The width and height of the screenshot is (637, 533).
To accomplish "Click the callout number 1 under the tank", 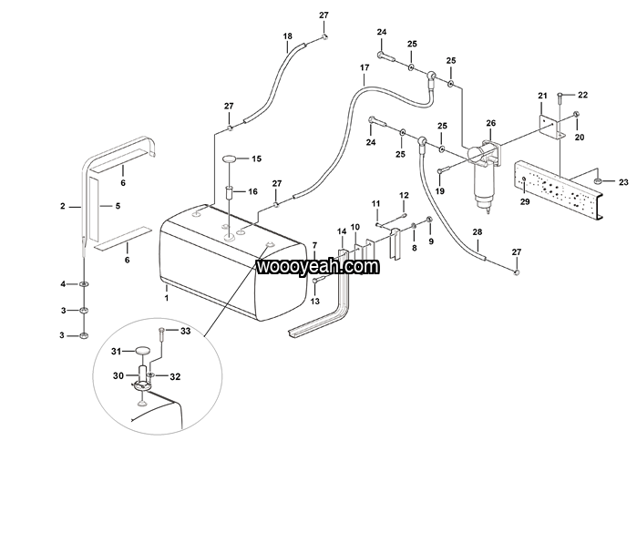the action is point(166,298).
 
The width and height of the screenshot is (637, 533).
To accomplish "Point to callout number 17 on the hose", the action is point(365,67).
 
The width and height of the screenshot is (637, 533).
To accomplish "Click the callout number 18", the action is point(288,36).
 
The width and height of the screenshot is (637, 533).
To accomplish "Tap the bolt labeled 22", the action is point(560,97).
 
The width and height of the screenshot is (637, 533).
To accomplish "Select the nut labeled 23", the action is point(598,181).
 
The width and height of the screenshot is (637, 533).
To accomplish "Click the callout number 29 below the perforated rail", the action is point(525,201).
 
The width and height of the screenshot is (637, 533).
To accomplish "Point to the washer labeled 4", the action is point(84,284).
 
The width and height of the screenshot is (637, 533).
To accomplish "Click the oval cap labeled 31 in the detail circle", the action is point(142,351).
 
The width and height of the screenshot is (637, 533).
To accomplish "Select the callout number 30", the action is point(118,375).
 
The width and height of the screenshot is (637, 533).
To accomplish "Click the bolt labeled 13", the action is point(319,280).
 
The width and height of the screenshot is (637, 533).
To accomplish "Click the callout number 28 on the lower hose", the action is point(478,232).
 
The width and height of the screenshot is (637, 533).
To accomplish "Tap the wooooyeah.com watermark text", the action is point(318,267).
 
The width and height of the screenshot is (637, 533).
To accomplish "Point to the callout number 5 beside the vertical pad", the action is point(118,206).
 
